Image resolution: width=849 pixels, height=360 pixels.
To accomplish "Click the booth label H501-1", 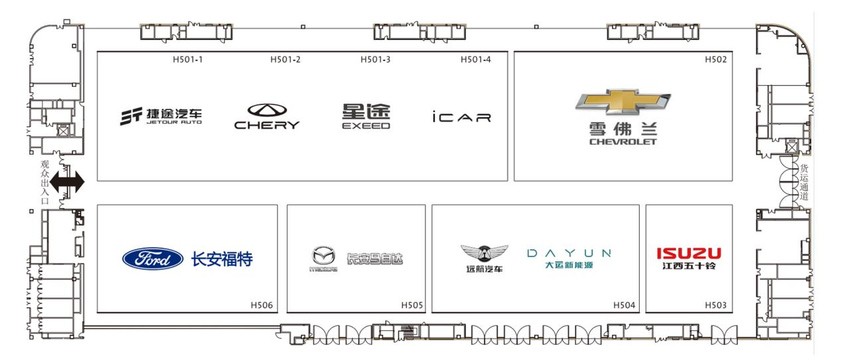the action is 187,60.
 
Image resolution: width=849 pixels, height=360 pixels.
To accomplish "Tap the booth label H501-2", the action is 285,60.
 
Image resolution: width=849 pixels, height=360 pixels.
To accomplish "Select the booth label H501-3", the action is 375,60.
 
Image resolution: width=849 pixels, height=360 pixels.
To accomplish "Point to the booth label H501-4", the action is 476,60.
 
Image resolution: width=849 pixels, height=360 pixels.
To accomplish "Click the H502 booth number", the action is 715,60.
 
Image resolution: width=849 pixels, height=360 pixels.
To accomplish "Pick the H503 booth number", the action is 715,306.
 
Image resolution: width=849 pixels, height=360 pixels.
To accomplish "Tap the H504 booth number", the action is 624,306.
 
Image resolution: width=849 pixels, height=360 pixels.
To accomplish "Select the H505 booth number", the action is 412,306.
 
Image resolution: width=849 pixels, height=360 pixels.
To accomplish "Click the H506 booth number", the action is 262,306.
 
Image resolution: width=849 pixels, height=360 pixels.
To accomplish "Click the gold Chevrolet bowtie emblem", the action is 622,102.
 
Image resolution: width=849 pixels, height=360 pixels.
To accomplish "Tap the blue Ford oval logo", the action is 153,258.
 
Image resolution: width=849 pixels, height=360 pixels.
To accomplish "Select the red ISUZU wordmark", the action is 688,253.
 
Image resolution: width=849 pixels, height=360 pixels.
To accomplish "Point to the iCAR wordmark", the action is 460,118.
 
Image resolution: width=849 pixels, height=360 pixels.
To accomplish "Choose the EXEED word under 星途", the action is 366,126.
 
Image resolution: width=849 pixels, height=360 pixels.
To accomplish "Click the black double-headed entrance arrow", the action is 68,182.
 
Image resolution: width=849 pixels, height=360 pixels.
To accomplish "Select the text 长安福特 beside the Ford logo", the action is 222,258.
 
